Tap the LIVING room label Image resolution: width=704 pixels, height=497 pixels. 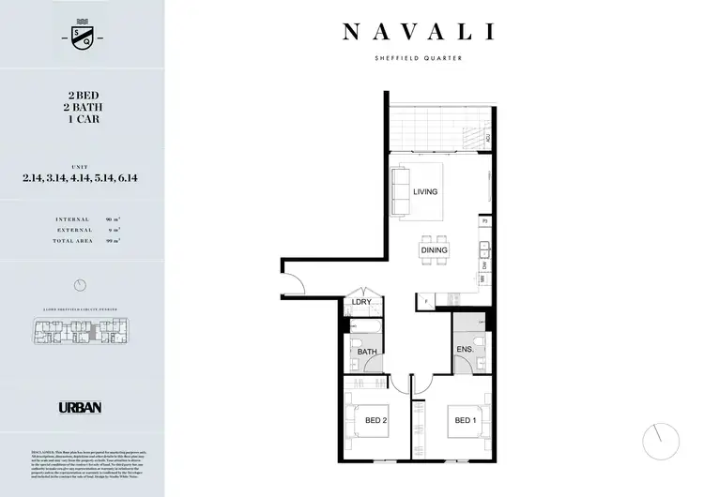pos(425,191)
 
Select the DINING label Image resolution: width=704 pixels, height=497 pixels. pos(435,250)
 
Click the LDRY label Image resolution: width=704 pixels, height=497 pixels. pos(361,302)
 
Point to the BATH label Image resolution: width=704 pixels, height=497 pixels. pos(366,352)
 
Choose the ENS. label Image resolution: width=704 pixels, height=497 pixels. pos(464,350)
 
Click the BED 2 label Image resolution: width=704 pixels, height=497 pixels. pos(375,420)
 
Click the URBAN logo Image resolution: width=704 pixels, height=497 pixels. pos(80,408)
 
